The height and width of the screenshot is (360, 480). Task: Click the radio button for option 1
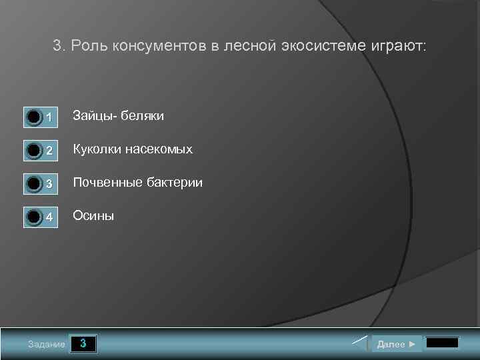point(34,117)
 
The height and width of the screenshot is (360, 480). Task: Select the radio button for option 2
point(34,151)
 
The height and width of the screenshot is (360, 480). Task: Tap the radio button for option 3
point(34,184)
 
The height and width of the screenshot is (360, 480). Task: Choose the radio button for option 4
point(34,217)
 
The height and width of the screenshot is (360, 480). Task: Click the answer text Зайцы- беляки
point(118,116)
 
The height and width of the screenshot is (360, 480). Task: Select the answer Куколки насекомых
point(132,149)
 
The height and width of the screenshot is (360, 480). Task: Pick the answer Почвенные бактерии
point(137,182)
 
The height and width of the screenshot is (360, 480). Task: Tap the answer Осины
point(93,215)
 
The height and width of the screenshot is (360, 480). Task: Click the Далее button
point(396,344)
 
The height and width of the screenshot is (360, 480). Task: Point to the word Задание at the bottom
point(47,345)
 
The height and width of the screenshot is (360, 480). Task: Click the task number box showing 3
point(83,344)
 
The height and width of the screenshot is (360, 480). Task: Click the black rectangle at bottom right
point(442,343)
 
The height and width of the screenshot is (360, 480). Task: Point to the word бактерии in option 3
point(175,182)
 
